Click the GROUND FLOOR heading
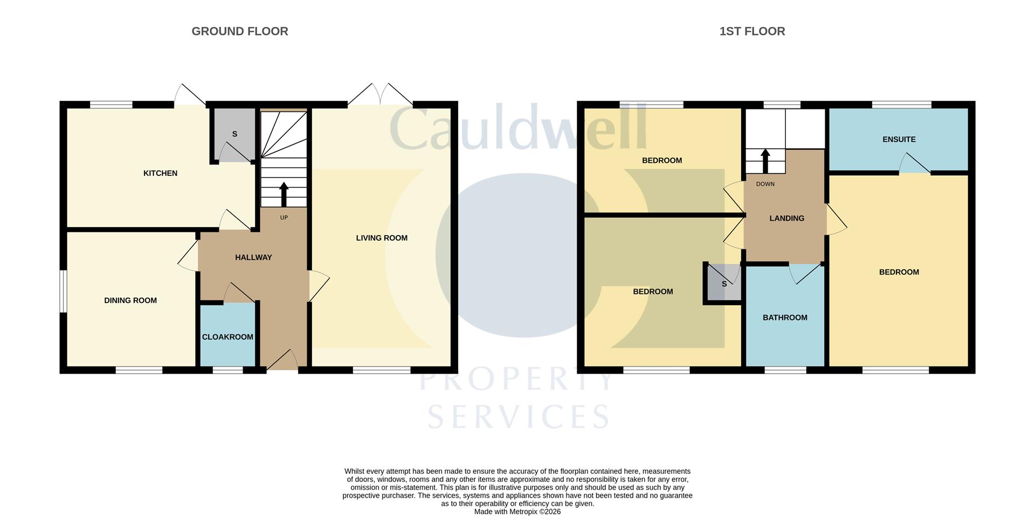coord(240,31)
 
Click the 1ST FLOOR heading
coord(752,31)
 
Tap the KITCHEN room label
coord(160,173)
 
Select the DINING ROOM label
coord(130,300)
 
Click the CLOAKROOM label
coord(227,337)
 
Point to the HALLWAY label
coord(253,257)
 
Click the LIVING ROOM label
coord(382,238)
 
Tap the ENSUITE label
coord(899,139)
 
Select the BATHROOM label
coord(785,318)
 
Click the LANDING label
coord(786,218)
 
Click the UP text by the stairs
coord(284,218)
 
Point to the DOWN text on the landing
coord(765,184)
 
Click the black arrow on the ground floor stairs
coord(284,194)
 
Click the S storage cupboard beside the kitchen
coord(234,134)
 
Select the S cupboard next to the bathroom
coord(724,284)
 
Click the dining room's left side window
coord(63,291)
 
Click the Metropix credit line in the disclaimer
coord(517,512)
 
